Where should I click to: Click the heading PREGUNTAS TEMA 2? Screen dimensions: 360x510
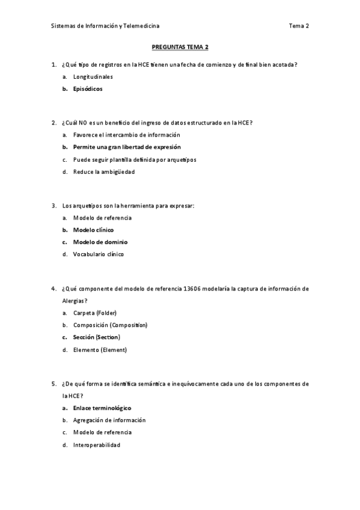180,46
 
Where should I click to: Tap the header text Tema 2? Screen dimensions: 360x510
299,26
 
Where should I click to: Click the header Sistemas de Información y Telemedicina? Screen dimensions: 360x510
105,26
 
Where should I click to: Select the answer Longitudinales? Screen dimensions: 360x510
93,77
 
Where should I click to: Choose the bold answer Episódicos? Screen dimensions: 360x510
88,89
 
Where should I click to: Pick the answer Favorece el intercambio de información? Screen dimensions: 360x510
126,135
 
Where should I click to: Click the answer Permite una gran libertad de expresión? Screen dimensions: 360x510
127,147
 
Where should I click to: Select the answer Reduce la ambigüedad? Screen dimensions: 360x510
103,171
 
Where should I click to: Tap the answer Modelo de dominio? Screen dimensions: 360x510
100,242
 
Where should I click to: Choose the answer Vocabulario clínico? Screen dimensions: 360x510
98,254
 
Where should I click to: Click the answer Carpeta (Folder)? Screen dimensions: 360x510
94,313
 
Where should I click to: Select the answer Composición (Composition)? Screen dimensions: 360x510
110,325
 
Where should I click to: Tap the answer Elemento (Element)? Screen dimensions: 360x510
100,349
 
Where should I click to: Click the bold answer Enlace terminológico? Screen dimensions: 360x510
102,408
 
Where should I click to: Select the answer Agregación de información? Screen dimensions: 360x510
109,420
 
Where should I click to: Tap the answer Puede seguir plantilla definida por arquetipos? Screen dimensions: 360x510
134,159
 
